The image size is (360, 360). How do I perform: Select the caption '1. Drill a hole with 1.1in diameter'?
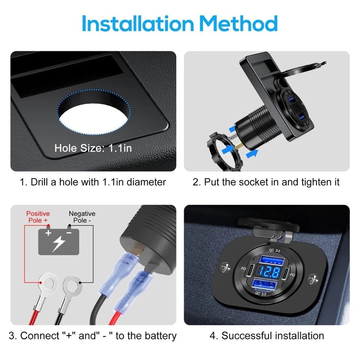tap(93, 182)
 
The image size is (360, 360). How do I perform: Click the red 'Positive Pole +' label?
tap(38, 217)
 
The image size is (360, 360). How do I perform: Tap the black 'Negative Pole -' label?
tap(82, 217)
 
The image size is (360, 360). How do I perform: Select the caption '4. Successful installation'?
tap(267, 336)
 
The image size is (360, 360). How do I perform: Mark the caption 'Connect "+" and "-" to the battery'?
tap(93, 336)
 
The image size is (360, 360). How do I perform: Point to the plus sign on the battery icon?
tap(48, 233)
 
